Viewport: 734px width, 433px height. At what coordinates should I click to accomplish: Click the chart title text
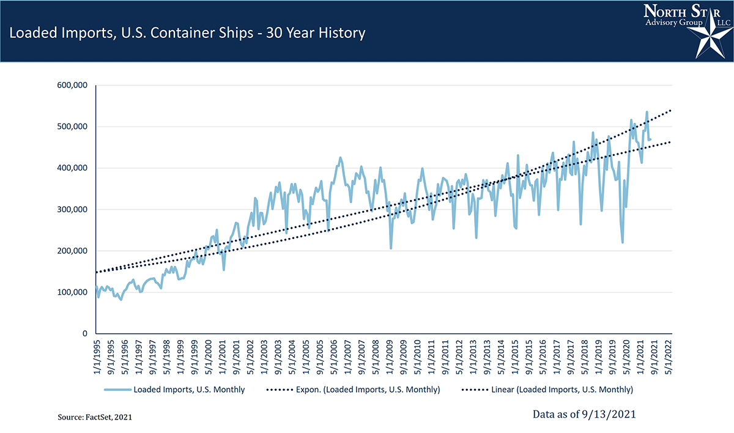187,32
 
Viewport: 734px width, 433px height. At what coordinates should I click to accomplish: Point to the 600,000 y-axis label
73,85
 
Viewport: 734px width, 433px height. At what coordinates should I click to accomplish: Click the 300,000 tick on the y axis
73,209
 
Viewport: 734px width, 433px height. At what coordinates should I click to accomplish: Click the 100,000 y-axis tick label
73,292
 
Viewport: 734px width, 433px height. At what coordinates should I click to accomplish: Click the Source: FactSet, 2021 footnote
94,416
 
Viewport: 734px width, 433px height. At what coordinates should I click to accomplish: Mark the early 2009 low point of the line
391,248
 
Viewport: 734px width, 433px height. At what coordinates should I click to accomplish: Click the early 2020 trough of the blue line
622,242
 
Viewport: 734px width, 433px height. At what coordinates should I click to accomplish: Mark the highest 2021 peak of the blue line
647,112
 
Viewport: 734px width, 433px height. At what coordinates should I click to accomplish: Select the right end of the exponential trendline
672,110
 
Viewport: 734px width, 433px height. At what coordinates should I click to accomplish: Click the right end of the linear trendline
672,142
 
